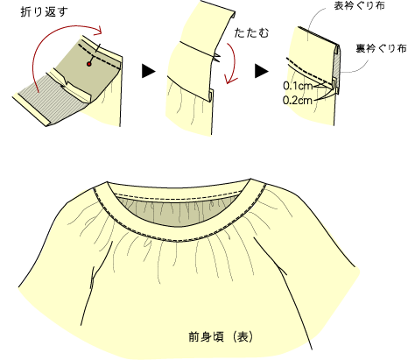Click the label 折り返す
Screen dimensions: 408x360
(44, 12)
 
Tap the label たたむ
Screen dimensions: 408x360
(251, 33)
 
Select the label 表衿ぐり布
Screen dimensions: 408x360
(359, 6)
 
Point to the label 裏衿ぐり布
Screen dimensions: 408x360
(381, 48)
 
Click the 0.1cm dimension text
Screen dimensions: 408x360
(298, 86)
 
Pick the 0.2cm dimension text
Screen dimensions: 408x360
(298, 101)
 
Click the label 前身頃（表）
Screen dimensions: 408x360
(221, 337)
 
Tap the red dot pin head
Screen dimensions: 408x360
(89, 64)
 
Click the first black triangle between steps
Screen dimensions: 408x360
(149, 71)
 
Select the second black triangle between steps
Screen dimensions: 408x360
(261, 71)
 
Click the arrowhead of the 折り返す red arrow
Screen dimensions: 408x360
(99, 30)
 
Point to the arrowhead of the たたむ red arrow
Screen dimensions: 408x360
(230, 80)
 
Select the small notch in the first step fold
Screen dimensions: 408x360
(67, 84)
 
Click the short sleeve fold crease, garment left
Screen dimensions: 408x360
(93, 278)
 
